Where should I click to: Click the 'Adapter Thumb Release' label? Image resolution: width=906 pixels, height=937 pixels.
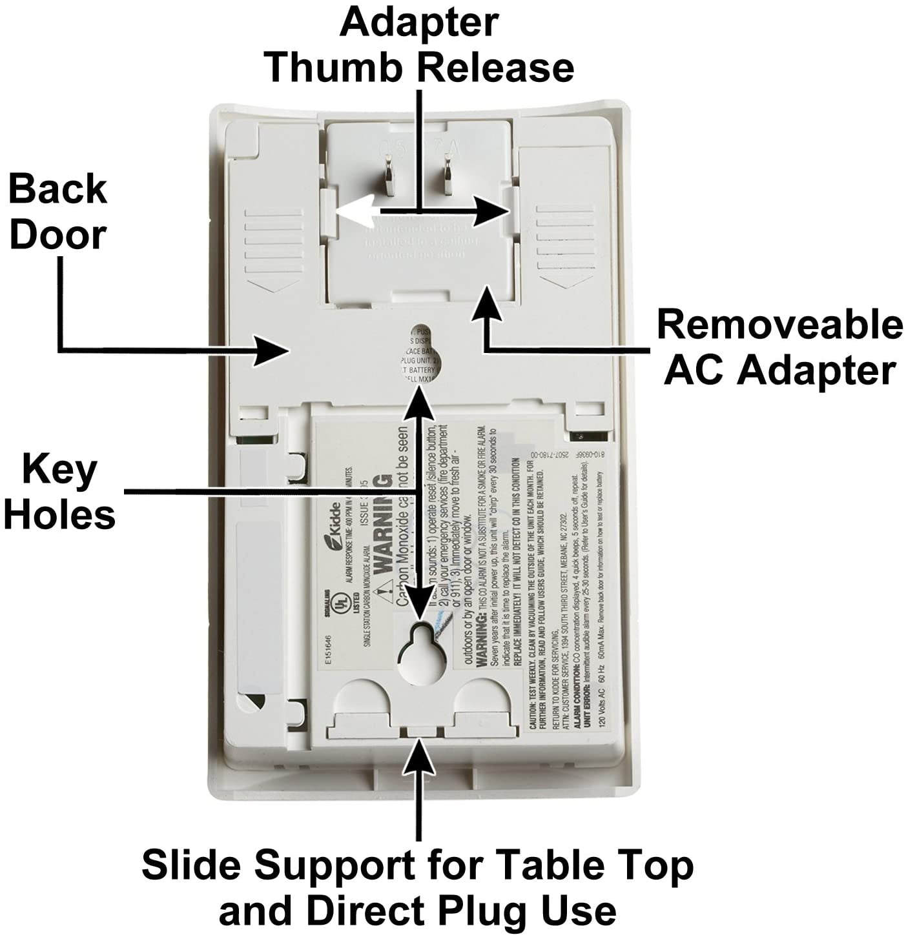pyautogui.click(x=420, y=45)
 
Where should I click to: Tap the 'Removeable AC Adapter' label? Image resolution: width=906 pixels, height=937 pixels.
pyautogui.click(x=779, y=347)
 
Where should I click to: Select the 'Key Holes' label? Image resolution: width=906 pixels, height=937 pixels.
pyautogui.click(x=60, y=492)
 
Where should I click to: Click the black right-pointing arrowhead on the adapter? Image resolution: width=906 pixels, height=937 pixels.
pyautogui.click(x=494, y=210)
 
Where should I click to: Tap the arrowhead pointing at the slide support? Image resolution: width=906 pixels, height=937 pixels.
pyautogui.click(x=419, y=754)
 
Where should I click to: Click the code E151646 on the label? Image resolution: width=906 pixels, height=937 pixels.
pyautogui.click(x=327, y=649)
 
